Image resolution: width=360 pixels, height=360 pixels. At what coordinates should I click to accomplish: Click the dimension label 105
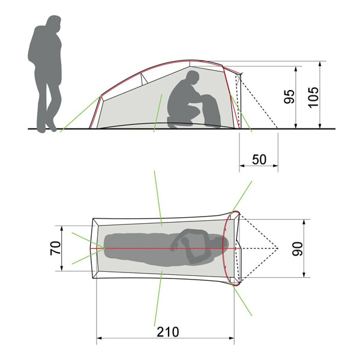pyautogui.click(x=314, y=97)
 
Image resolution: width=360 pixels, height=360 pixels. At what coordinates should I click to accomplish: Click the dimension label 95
pyautogui.click(x=289, y=97)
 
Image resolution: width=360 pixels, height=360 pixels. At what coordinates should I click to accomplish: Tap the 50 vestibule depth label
pyautogui.click(x=259, y=160)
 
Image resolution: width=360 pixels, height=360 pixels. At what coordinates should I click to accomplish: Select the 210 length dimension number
pyautogui.click(x=168, y=332)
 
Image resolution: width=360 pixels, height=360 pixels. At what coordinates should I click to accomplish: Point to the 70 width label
pyautogui.click(x=56, y=248)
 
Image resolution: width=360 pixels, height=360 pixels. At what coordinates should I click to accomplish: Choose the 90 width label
pyautogui.click(x=298, y=248)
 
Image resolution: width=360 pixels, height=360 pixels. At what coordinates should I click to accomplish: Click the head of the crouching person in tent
pyautogui.click(x=192, y=78)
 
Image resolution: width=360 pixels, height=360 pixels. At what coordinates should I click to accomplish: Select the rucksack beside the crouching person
pyautogui.click(x=211, y=111)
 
